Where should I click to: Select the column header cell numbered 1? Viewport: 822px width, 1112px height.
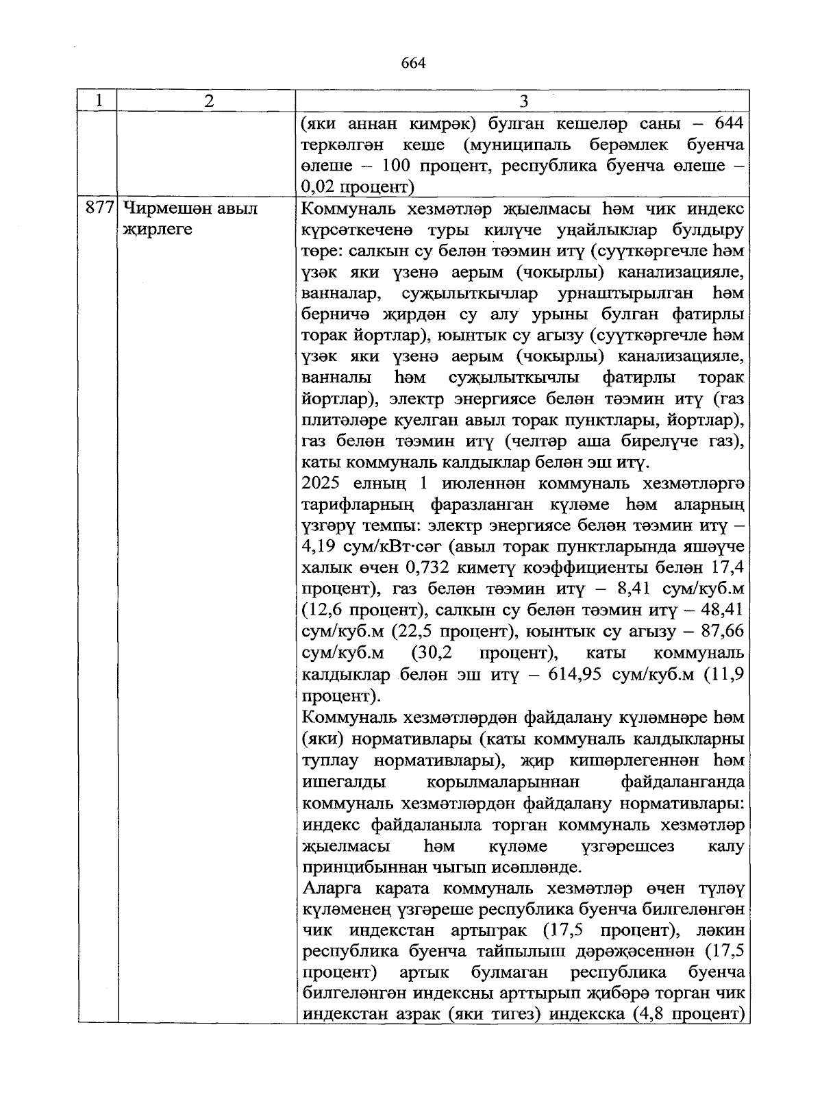(98, 101)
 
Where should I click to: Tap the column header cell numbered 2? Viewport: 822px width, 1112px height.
(208, 101)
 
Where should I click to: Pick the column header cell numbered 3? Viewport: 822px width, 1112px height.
(523, 101)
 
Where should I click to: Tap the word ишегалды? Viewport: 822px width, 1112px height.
(343, 782)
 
